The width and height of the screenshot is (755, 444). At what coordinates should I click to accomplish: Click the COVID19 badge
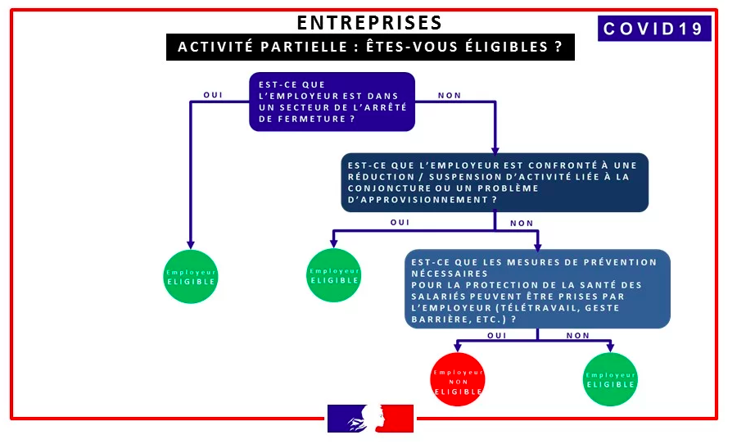(x=654, y=29)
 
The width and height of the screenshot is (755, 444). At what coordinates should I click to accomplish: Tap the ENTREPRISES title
(x=370, y=23)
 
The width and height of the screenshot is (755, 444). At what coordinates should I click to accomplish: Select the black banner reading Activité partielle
(x=370, y=47)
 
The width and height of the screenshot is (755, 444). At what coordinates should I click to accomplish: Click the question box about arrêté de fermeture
(x=332, y=102)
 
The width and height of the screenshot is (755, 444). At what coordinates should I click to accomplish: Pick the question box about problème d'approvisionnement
(x=495, y=183)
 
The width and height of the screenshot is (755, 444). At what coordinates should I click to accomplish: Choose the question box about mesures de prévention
(x=537, y=289)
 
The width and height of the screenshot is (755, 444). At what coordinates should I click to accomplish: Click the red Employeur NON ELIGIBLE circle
(x=458, y=379)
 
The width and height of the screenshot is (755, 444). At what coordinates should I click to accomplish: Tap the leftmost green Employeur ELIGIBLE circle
(x=191, y=276)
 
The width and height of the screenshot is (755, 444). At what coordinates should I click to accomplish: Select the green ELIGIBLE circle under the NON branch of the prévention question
(x=610, y=379)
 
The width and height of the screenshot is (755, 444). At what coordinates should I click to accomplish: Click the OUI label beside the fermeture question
(x=213, y=95)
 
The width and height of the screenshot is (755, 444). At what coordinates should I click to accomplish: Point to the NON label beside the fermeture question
(x=450, y=95)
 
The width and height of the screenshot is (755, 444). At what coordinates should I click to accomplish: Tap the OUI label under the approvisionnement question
(x=400, y=223)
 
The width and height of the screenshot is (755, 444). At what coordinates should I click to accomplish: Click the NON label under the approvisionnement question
(x=522, y=224)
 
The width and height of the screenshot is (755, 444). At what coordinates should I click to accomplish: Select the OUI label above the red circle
(x=496, y=336)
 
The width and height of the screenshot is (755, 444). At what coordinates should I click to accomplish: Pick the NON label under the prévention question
(x=578, y=336)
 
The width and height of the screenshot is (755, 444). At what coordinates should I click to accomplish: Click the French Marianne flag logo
(x=370, y=419)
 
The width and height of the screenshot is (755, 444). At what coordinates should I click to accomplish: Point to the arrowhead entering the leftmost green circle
(x=191, y=245)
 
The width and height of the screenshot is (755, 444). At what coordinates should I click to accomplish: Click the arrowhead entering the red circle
(x=458, y=347)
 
